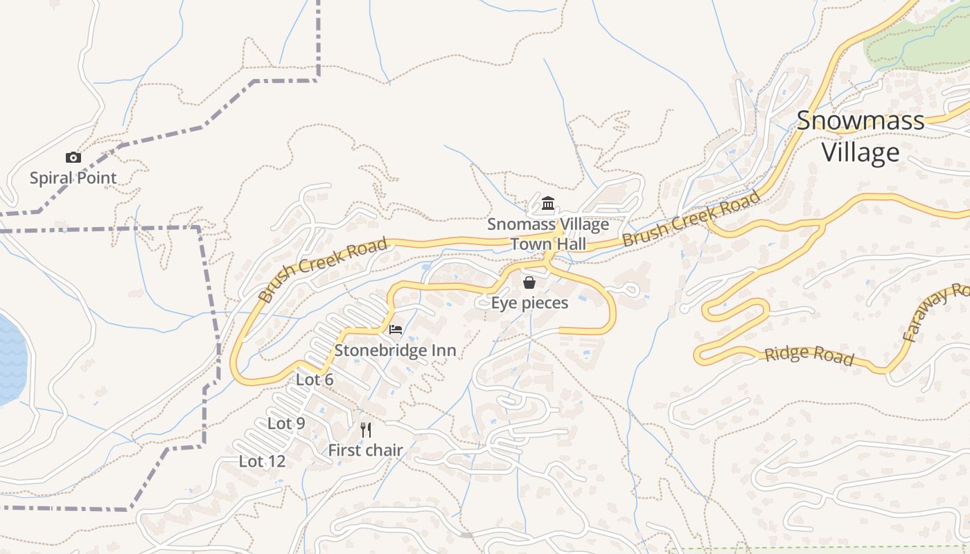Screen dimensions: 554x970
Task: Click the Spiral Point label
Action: pos(73,178)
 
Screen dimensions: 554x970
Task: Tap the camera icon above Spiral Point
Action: pos(73,158)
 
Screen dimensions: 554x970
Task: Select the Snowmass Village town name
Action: pos(861,136)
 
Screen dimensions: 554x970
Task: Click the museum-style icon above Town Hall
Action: pos(548,203)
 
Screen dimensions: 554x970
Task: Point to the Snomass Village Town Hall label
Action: pos(548,234)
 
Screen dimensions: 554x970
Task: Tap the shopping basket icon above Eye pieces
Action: pos(529,283)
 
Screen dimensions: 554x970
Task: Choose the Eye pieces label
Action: pos(529,303)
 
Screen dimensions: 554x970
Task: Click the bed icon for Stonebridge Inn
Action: pos(396,329)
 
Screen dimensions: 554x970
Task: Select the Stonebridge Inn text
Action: pos(396,350)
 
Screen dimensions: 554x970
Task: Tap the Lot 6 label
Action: pos(315,379)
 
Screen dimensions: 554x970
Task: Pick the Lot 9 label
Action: pos(286,424)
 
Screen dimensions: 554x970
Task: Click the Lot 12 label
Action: pos(262,461)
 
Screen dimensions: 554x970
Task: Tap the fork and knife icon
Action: pos(366,430)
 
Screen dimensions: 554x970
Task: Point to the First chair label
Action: pos(365,450)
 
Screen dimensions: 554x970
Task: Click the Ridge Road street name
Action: pos(809,355)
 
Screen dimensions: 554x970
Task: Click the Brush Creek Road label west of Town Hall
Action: pos(323,270)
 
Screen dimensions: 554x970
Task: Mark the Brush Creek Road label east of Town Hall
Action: pos(691,220)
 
